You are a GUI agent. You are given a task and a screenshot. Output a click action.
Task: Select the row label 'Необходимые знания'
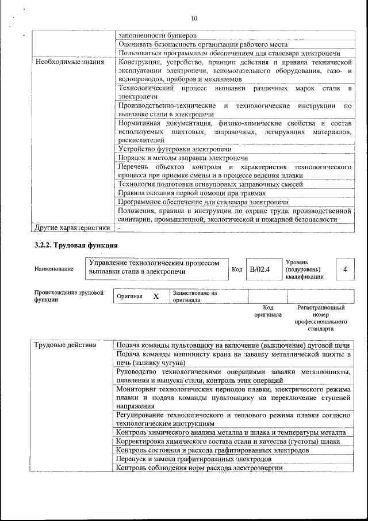tap(70, 61)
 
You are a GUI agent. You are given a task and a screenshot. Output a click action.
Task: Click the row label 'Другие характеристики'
tap(72, 227)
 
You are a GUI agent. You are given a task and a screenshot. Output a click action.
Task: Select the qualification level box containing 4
tap(344, 269)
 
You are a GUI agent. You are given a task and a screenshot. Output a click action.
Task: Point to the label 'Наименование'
tap(54, 269)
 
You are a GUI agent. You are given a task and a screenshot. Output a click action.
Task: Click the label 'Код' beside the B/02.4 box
tap(236, 269)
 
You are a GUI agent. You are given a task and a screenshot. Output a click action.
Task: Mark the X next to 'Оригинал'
tap(155, 296)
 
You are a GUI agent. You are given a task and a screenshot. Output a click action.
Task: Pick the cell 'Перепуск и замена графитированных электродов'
tap(194, 459)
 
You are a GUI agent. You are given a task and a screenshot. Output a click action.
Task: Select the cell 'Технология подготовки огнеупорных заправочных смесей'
tap(210, 184)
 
